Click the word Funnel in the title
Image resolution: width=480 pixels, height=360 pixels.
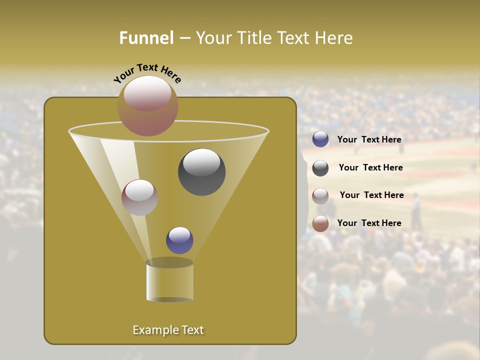point(146,38)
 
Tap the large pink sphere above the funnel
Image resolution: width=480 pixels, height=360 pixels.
point(148,106)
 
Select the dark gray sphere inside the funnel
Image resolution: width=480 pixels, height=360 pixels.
point(202,172)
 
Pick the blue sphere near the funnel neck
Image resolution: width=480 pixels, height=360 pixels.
point(179,240)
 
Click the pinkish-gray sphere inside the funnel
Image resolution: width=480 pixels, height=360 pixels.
point(139,197)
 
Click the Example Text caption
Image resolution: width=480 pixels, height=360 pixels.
point(168,330)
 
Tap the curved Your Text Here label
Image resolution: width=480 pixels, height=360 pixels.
point(147,73)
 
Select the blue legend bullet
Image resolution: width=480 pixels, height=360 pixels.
point(320,139)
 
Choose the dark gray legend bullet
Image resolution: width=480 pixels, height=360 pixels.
point(320,168)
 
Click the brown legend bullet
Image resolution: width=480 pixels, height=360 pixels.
point(320,223)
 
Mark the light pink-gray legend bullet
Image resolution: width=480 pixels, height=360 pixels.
point(320,196)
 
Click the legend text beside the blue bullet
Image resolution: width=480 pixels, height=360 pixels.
point(369,139)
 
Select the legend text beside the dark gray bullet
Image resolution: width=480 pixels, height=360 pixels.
point(370,167)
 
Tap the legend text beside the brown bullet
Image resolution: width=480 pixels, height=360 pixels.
point(369,223)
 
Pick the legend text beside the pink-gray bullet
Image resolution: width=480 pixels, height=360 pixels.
point(371,195)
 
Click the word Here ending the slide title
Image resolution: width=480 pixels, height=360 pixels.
point(334,38)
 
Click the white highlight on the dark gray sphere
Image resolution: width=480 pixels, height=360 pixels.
point(202,162)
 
